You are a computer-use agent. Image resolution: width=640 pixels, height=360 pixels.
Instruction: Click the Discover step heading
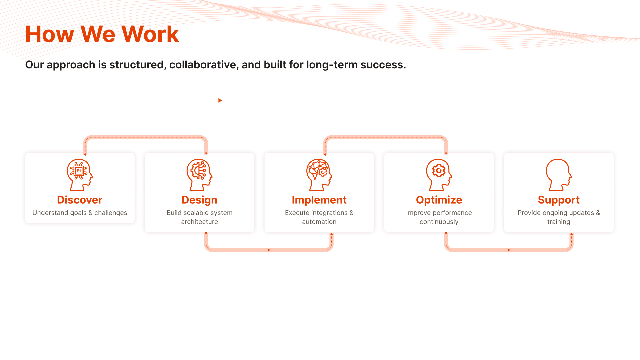[80, 200]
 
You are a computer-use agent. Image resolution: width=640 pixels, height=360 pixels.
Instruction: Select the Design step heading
[199, 200]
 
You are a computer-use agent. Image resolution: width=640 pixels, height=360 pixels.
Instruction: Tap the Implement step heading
[319, 200]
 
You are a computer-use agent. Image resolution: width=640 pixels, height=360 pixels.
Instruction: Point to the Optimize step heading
[439, 200]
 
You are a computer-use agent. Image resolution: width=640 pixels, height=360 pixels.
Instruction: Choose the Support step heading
[559, 200]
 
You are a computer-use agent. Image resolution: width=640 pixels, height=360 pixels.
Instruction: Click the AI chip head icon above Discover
[80, 175]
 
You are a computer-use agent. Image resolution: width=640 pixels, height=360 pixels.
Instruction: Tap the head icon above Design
[199, 175]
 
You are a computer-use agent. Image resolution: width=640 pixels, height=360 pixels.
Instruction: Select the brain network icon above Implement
[319, 175]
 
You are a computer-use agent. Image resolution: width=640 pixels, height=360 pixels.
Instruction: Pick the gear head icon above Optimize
[439, 175]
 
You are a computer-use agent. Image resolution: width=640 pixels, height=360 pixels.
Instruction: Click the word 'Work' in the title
[150, 34]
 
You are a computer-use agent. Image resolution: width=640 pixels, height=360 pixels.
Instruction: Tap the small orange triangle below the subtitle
[220, 100]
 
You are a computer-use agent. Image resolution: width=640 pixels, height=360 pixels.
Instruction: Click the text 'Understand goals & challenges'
[80, 213]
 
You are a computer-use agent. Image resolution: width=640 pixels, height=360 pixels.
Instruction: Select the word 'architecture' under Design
[199, 222]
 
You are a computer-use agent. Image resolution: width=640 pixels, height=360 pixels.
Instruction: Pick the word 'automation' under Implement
[319, 222]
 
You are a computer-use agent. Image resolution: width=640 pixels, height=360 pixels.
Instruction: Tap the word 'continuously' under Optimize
[439, 222]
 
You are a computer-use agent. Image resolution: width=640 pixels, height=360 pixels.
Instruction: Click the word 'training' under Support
[559, 222]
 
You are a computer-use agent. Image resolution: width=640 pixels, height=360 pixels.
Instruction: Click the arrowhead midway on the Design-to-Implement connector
[269, 250]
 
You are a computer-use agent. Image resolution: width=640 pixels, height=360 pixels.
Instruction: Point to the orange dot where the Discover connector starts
[85, 154]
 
